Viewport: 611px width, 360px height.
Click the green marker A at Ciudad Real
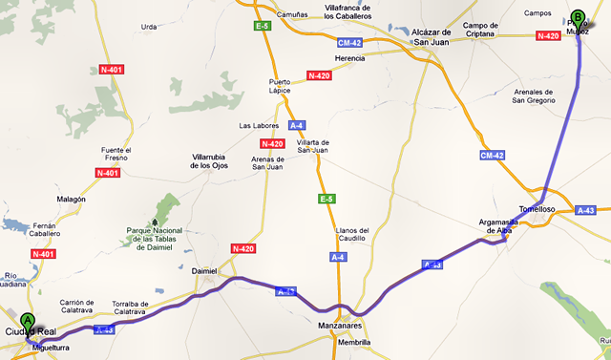(28, 323)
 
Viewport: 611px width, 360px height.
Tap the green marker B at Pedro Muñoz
(577, 17)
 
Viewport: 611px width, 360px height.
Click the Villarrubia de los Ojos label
(222, 159)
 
